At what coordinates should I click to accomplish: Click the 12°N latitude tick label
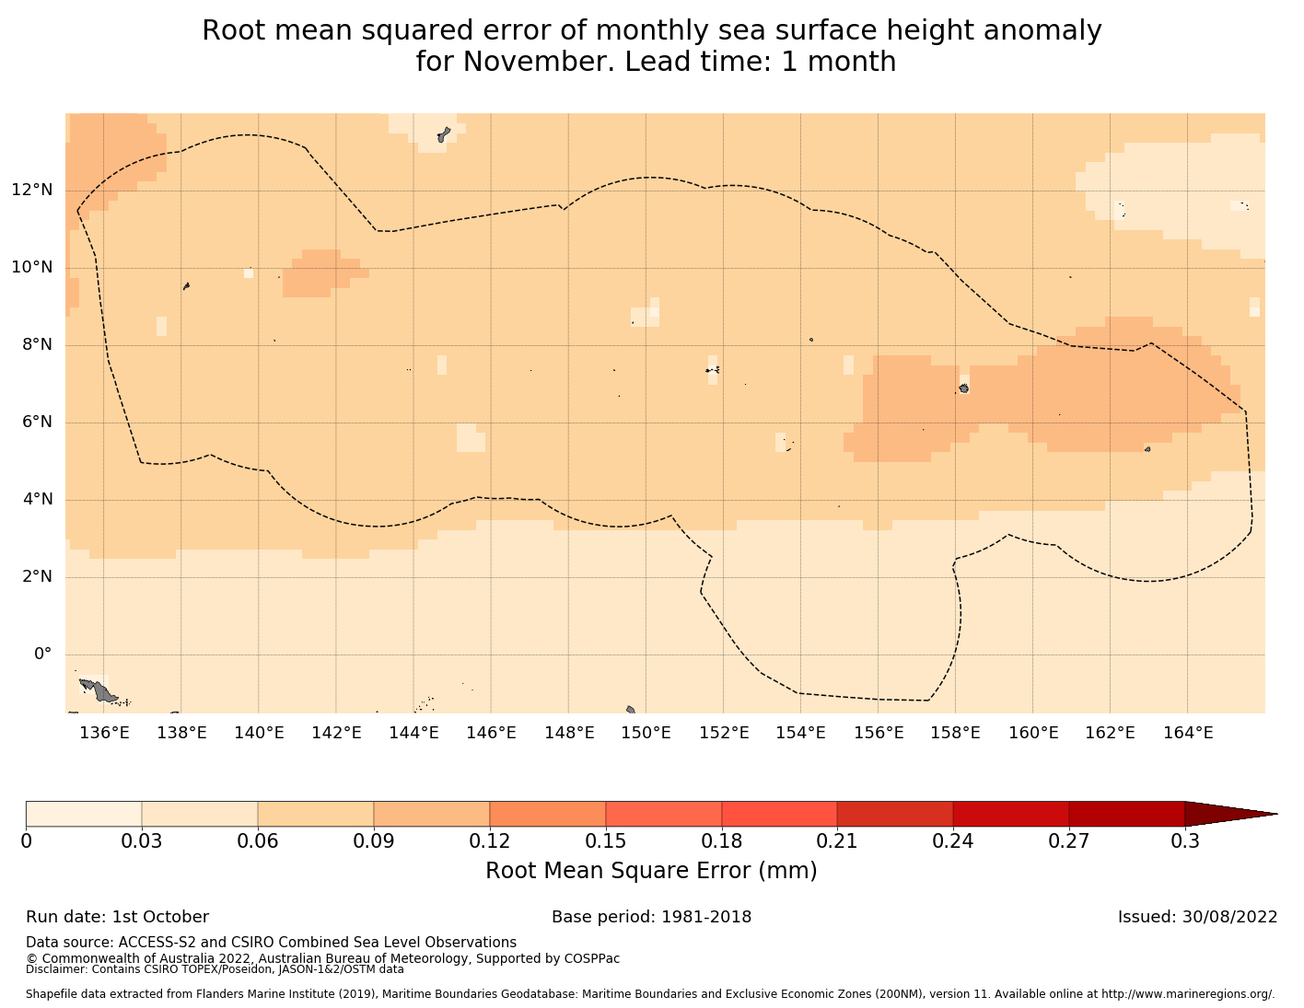[31, 191]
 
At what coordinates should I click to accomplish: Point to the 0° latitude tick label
[42, 655]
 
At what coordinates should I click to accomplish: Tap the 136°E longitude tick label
[104, 733]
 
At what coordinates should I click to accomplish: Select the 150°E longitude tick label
[646, 733]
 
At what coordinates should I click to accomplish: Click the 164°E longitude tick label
[1188, 733]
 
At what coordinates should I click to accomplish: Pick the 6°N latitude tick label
[36, 423]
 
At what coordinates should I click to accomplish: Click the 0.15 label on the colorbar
[606, 840]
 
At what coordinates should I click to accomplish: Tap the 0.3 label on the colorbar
[1184, 840]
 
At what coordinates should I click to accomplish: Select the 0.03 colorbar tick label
[142, 840]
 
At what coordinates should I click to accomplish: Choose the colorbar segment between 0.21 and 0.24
[894, 814]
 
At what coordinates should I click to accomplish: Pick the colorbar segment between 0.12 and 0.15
[547, 814]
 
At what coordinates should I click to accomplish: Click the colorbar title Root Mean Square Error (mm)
[651, 871]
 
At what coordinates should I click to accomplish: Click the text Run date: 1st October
[117, 917]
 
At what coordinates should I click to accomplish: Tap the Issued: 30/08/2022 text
[1197, 917]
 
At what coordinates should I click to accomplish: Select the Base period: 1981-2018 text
[651, 917]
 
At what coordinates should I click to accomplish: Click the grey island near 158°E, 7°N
[963, 388]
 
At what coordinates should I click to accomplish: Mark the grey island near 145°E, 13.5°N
[444, 135]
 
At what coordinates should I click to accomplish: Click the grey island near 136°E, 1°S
[99, 689]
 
